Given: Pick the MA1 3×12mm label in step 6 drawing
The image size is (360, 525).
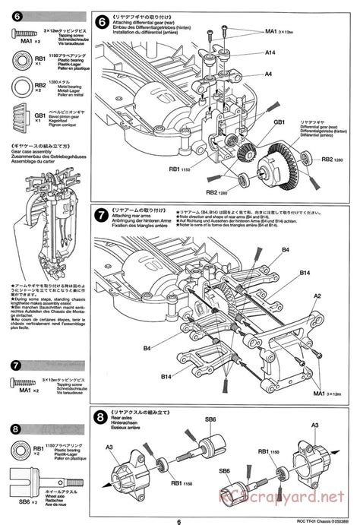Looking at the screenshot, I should point(278,31).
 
